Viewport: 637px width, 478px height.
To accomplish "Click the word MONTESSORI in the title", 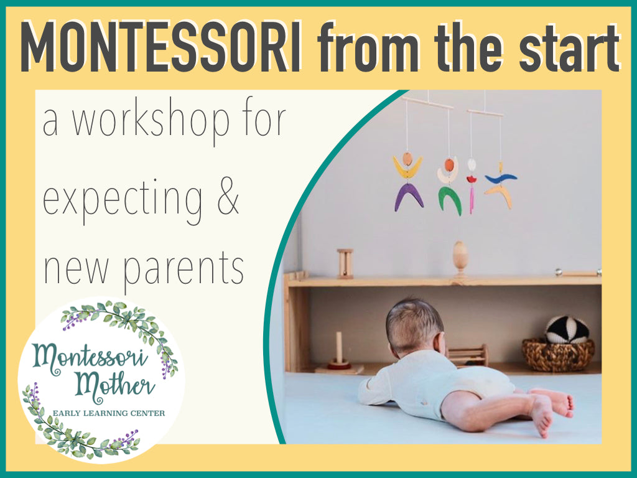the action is click(x=161, y=47).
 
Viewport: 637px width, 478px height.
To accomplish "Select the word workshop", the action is click(x=151, y=120).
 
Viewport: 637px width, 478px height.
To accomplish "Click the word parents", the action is click(x=184, y=269).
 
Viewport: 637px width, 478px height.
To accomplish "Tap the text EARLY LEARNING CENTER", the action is click(x=109, y=413).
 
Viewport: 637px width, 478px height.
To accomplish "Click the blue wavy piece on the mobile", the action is click(x=501, y=177).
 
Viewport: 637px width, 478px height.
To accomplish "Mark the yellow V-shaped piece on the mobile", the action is click(x=407, y=167).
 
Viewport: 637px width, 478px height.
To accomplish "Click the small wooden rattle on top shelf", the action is click(x=345, y=263).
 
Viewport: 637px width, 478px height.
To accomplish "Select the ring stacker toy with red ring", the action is click(x=339, y=354).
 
